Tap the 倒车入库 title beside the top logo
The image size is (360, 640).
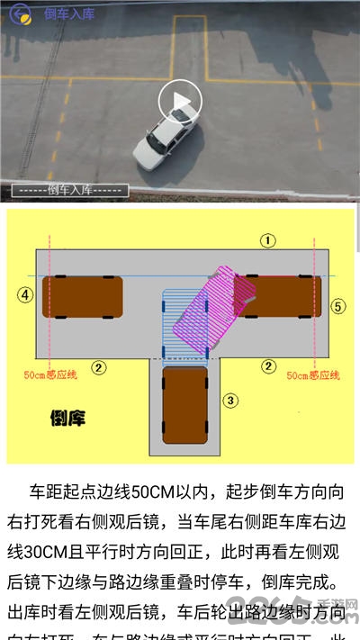pos(69,14)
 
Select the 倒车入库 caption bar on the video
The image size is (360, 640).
pos(69,190)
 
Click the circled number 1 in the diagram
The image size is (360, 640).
pos(267,239)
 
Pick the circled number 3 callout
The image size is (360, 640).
pos(231,400)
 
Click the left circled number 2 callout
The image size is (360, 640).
pos(100,366)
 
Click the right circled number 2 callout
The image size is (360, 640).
pos(267,365)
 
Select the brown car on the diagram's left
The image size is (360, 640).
pos(82,297)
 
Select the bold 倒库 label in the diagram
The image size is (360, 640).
pos(67,418)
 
